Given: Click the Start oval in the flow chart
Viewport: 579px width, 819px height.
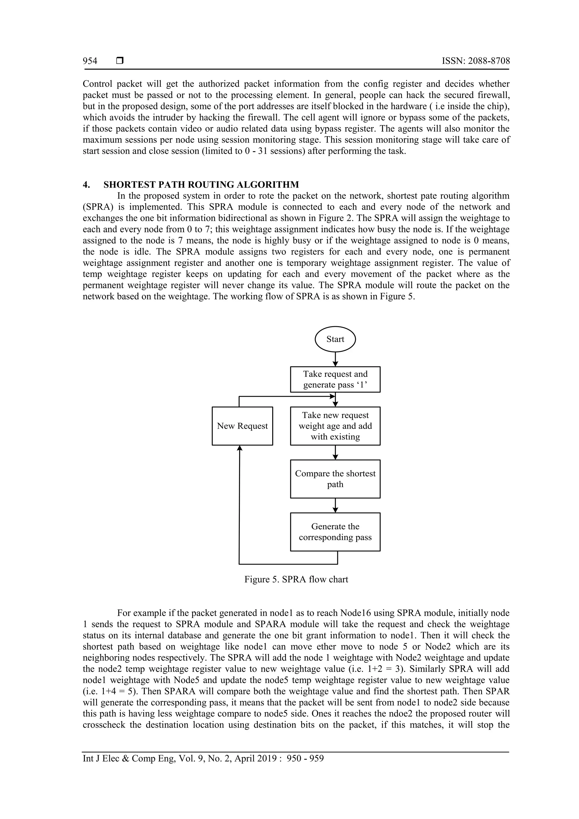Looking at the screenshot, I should coord(335,339).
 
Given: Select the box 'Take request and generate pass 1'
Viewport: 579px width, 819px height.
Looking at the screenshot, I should coord(335,379).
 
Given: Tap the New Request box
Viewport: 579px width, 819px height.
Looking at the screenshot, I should coord(242,426).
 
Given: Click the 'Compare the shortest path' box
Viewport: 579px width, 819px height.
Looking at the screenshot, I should coord(335,479).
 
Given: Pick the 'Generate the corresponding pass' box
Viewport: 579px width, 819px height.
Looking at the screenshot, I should coord(335,532).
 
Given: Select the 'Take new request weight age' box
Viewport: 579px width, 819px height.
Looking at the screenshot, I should coord(335,426).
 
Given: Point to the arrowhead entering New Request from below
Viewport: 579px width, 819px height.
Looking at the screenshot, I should coord(240,448).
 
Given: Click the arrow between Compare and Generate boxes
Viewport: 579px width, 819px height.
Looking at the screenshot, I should coord(335,505).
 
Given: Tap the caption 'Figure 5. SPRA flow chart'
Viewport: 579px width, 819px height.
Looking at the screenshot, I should coord(296,579).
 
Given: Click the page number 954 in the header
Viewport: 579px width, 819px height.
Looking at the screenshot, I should coord(90,61).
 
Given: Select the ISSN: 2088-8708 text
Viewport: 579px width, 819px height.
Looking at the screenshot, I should coord(476,61).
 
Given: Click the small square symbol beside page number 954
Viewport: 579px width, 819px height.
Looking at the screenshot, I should coord(120,61).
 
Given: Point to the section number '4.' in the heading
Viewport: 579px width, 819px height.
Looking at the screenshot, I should coord(86,185).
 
